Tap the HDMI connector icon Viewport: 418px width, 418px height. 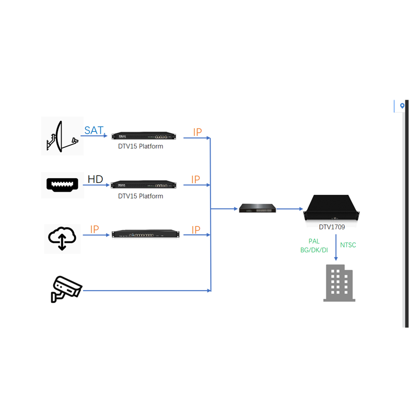pyautogui.click(x=62, y=185)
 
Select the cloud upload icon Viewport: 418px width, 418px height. pyautogui.click(x=62, y=238)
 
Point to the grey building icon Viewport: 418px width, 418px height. pyautogui.click(x=339, y=283)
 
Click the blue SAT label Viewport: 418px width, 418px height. pyautogui.click(x=94, y=130)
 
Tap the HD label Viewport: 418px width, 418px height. pyautogui.click(x=95, y=180)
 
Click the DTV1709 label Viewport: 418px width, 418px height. pyautogui.click(x=332, y=227)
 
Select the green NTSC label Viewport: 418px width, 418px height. pyautogui.click(x=348, y=245)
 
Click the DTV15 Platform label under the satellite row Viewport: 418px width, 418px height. pyautogui.click(x=141, y=146)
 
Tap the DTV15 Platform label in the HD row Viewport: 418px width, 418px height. pyautogui.click(x=141, y=196)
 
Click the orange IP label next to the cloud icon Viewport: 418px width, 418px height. pyautogui.click(x=95, y=229)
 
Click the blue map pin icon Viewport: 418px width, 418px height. pyautogui.click(x=402, y=106)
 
